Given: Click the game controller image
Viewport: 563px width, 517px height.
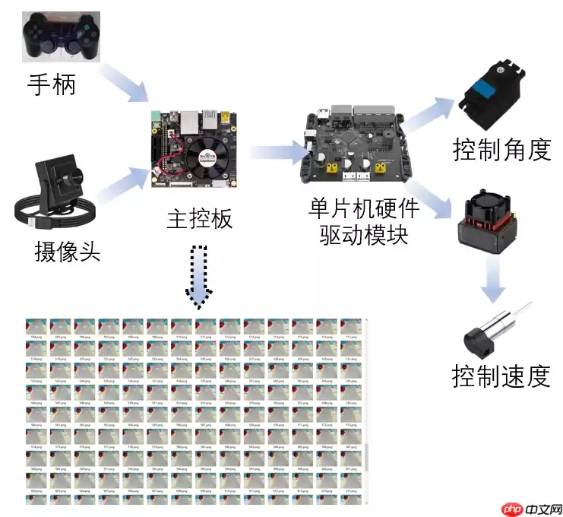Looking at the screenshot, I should [x=62, y=36].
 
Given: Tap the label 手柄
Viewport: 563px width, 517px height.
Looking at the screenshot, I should [x=52, y=84].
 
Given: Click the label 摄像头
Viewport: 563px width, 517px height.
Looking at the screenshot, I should [x=67, y=251].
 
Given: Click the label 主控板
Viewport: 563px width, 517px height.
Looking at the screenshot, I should [x=200, y=219].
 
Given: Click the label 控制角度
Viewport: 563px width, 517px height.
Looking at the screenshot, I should [x=501, y=149].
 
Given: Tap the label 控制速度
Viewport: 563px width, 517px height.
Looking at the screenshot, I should [x=501, y=376].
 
